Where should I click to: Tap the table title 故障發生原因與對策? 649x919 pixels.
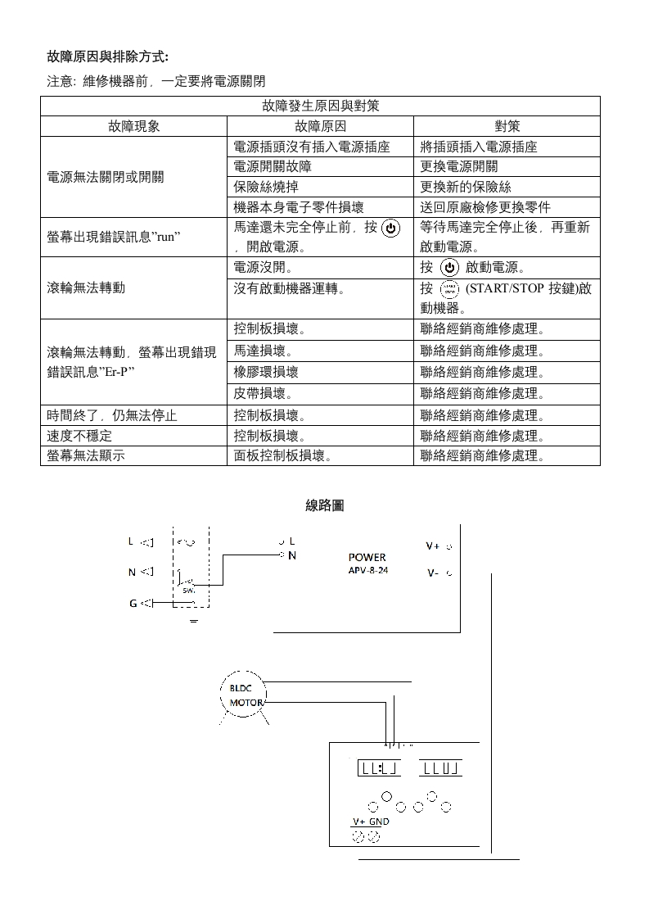tap(320, 106)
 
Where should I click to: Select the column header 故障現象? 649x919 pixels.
tap(133, 126)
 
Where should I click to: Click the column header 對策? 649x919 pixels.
tap(507, 126)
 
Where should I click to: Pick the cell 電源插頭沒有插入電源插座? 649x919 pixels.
tap(311, 147)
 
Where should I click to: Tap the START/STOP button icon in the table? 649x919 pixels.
tap(449, 288)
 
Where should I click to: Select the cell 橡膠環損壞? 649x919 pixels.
tap(266, 372)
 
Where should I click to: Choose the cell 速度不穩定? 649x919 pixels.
tap(79, 436)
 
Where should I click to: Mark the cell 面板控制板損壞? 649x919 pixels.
tap(282, 455)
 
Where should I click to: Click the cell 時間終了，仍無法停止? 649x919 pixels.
tap(112, 415)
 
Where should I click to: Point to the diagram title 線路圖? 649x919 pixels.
tap(325, 505)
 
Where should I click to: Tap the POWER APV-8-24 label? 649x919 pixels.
tap(367, 564)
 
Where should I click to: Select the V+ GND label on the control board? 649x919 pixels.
tap(371, 822)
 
